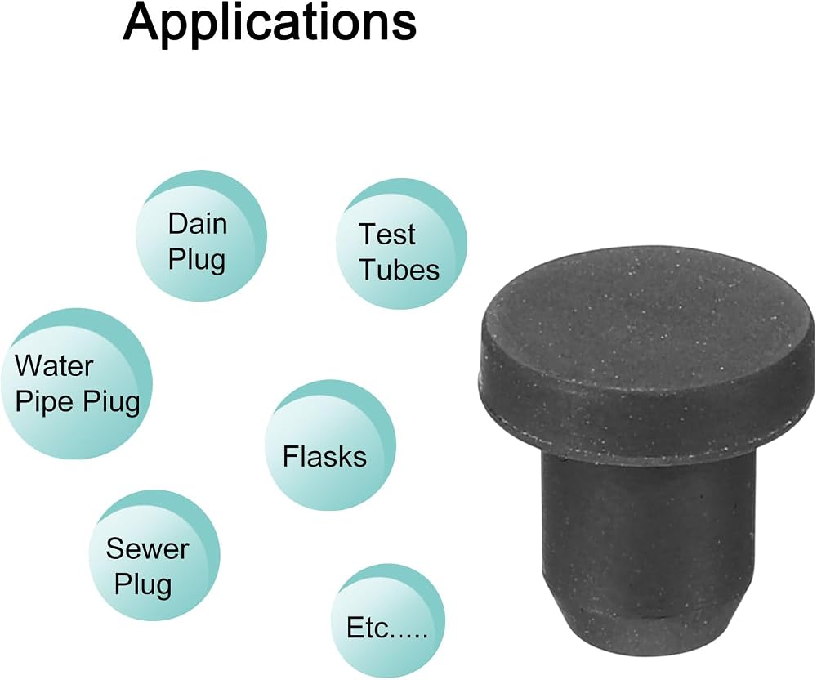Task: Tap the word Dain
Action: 198,224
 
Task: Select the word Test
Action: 386,234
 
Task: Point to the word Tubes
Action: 400,270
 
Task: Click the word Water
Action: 54,366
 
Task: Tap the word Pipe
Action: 44,402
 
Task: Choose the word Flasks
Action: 324,456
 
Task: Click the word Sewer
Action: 147,548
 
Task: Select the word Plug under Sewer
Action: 143,585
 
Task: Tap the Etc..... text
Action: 387,628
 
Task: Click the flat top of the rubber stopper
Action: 645,322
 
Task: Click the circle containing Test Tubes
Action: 401,244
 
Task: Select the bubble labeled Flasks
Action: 330,445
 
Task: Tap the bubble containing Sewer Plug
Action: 154,556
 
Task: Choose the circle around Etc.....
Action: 388,621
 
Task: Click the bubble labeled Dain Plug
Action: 201,236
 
